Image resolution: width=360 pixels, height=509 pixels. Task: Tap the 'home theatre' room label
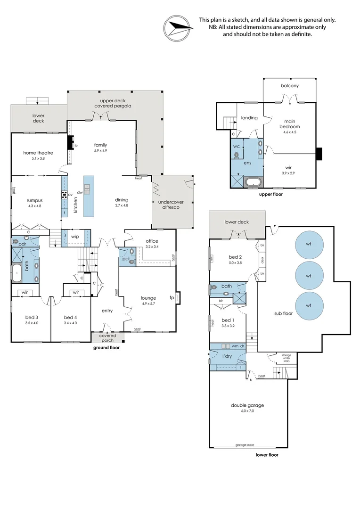click(38, 153)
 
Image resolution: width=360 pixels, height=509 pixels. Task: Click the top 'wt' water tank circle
click(309, 244)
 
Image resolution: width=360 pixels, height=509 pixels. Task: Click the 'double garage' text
click(247, 405)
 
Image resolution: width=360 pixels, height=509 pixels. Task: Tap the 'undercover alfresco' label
click(172, 205)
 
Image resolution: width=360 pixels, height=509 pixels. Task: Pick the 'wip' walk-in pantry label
click(75, 236)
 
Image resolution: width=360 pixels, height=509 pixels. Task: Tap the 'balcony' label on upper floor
click(290, 86)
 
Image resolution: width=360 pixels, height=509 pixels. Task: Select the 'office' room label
click(152, 241)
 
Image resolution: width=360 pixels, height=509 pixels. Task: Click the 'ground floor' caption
click(106, 348)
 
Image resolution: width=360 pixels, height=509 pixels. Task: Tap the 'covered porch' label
click(107, 337)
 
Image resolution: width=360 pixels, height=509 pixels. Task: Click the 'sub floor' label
click(284, 313)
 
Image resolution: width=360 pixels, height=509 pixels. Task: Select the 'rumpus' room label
click(36, 200)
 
